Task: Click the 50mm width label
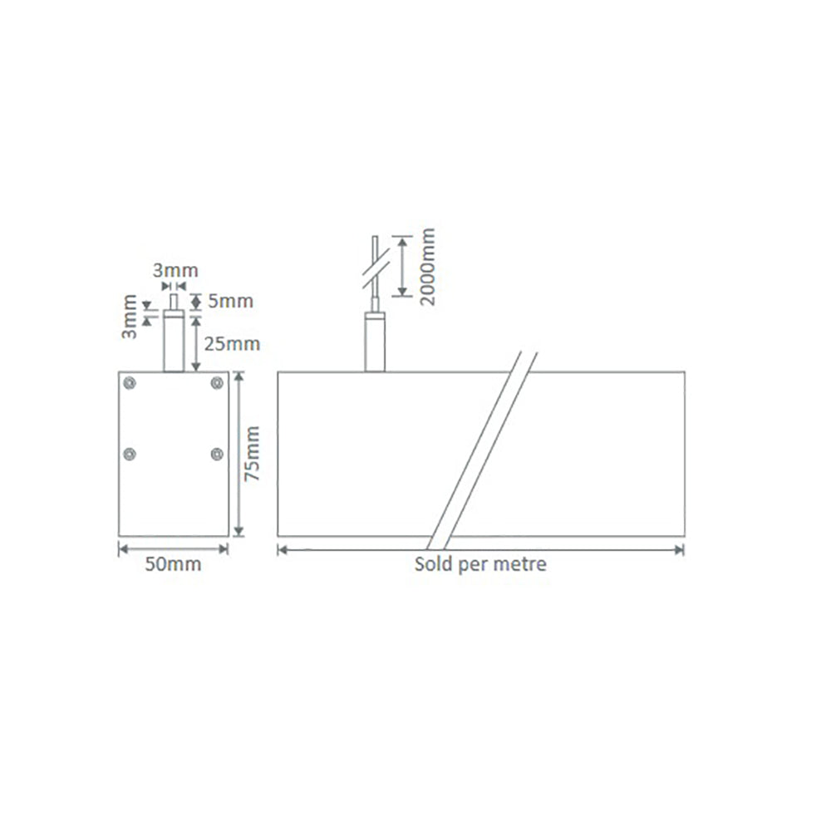click(x=174, y=566)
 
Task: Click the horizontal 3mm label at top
click(x=175, y=270)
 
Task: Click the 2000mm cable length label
click(x=427, y=268)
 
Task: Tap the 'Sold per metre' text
click(x=480, y=565)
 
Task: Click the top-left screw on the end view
click(x=130, y=382)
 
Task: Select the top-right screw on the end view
click(x=217, y=382)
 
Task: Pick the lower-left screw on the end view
click(x=130, y=453)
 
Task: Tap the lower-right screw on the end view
click(x=217, y=453)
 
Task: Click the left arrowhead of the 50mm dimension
click(x=123, y=548)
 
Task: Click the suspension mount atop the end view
click(x=174, y=342)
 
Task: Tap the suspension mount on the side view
click(x=376, y=342)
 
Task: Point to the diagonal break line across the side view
click(x=482, y=449)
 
